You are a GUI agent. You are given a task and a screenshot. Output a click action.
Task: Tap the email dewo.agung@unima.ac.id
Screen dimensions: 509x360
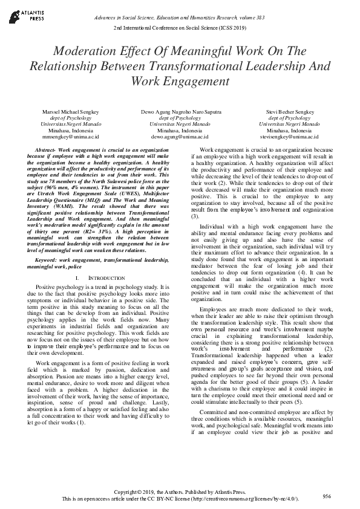(180, 136)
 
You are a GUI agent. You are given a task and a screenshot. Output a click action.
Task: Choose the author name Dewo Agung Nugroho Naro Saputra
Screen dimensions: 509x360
(180, 112)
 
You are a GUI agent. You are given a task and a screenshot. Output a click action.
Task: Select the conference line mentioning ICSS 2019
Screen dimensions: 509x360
(180, 29)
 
